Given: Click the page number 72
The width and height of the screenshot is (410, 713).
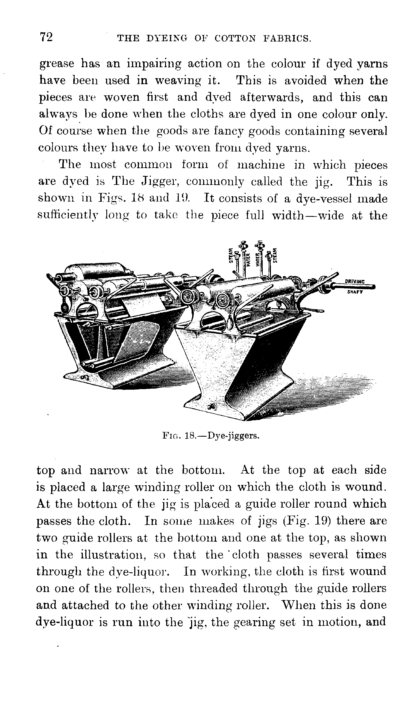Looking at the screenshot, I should point(46,37).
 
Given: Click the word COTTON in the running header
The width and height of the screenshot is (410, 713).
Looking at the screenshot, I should point(235,38).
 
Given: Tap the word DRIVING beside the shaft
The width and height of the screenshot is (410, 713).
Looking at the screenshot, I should point(355,281).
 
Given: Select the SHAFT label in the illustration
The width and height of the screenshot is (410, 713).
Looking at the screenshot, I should point(355,292).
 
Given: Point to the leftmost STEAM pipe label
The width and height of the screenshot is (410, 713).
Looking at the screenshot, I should point(230,255).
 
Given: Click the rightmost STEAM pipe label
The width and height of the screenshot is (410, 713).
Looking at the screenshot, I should point(276,254).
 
